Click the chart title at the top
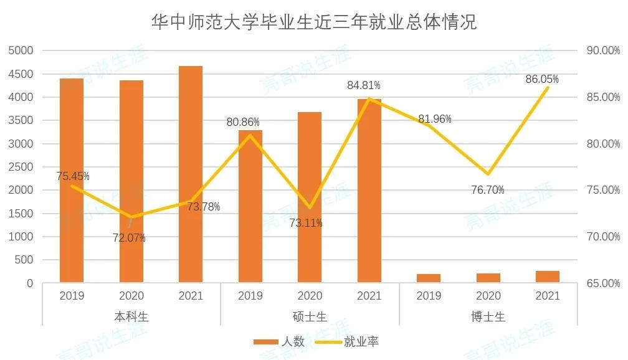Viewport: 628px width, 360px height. (x=314, y=22)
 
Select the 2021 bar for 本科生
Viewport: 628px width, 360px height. (x=191, y=174)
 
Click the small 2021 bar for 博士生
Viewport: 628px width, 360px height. (x=548, y=277)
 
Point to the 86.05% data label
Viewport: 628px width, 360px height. (x=542, y=79)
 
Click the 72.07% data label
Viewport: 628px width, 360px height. (x=129, y=237)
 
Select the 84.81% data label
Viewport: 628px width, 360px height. (x=364, y=85)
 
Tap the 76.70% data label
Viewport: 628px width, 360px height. (x=488, y=190)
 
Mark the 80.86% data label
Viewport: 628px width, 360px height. (x=243, y=122)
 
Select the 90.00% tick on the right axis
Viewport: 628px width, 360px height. (x=603, y=50)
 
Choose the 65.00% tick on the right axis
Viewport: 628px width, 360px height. (x=603, y=283)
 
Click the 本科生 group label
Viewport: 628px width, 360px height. (x=131, y=316)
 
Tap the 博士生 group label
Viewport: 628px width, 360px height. (x=488, y=316)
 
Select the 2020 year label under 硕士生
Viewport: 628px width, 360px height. (x=310, y=296)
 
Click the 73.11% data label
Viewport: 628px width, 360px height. (x=306, y=222)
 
